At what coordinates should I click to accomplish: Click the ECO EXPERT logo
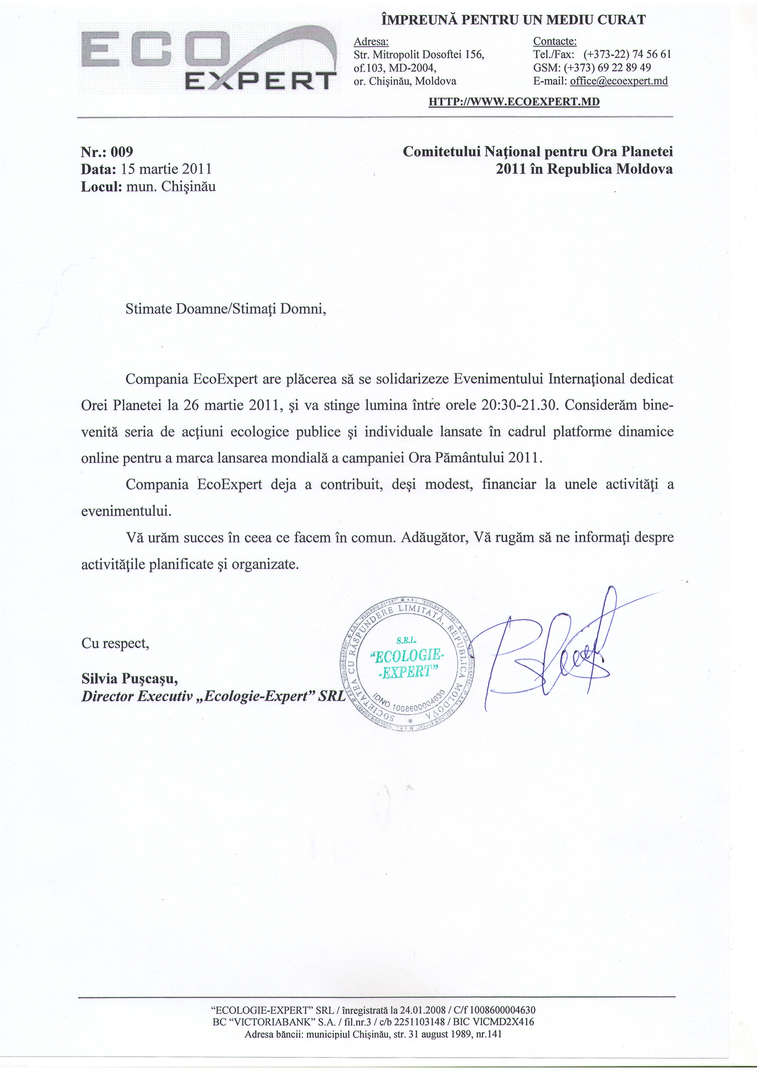click(x=208, y=58)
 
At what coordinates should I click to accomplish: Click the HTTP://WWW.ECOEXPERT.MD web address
click(x=514, y=102)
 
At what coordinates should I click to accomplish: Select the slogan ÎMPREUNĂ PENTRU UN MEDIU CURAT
click(x=513, y=20)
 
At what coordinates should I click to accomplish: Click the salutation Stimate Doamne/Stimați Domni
click(x=226, y=309)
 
